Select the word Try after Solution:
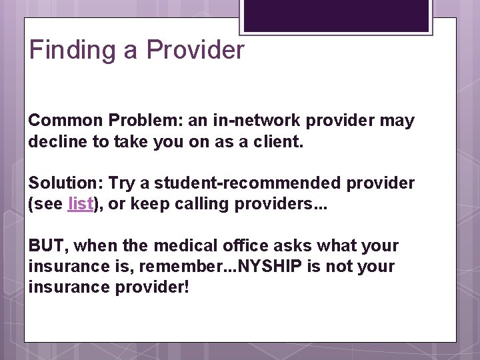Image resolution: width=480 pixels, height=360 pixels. click(121, 183)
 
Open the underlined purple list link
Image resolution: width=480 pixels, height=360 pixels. click(80, 204)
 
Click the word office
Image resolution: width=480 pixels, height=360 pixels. click(241, 246)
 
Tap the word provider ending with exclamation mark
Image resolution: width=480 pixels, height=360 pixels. click(157, 287)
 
